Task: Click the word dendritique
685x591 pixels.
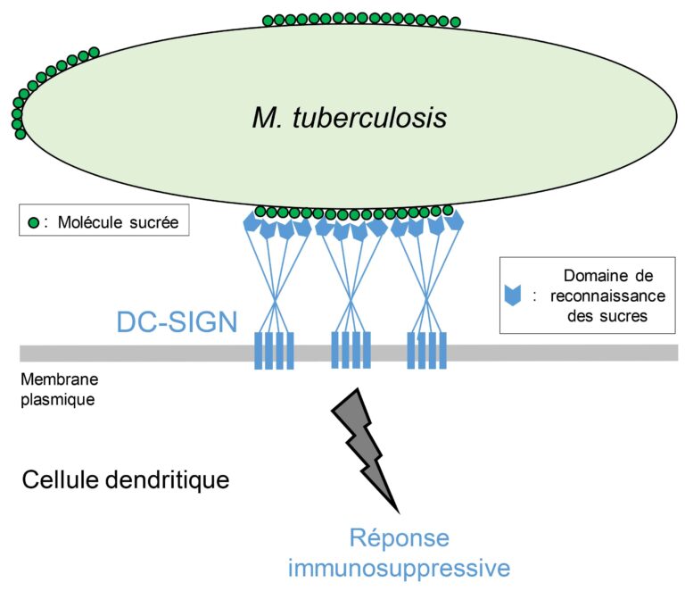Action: tap(169, 480)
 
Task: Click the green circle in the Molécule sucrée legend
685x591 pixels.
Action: tap(33, 222)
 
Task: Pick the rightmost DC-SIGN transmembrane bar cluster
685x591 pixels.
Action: tap(426, 350)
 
